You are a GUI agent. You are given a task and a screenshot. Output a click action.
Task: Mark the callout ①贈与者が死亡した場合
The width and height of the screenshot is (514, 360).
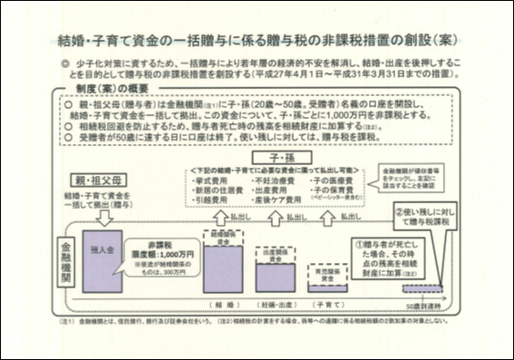click(x=387, y=259)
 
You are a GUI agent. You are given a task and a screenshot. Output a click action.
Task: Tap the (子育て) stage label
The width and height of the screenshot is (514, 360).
click(x=328, y=301)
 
